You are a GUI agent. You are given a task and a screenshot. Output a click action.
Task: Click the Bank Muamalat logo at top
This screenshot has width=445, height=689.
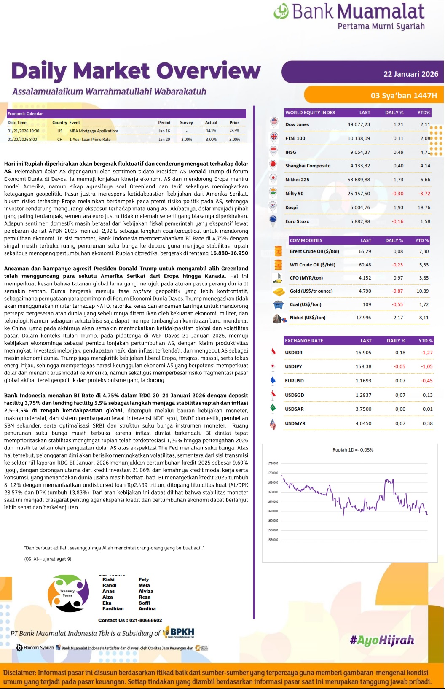(349, 16)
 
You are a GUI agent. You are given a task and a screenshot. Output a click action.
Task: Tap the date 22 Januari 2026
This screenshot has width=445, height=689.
(410, 74)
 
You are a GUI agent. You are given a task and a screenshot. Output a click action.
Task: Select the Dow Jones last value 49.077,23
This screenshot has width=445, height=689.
(359, 124)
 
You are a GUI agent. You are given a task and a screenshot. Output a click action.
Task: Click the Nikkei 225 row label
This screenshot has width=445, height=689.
(297, 180)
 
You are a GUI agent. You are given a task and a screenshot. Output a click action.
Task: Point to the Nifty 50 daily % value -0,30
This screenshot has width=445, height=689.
(397, 194)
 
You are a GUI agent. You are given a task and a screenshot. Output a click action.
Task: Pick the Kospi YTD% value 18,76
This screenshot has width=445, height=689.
(424, 207)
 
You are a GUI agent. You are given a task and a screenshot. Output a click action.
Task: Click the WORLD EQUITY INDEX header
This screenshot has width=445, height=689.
(310, 113)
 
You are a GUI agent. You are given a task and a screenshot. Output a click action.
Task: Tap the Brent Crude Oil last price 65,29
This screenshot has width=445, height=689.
(365, 251)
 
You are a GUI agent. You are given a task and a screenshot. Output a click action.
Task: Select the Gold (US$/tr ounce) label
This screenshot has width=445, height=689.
(311, 291)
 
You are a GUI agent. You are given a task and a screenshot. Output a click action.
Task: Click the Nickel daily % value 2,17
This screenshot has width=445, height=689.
(398, 318)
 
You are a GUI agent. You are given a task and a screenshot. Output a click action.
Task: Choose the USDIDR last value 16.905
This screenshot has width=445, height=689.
(363, 353)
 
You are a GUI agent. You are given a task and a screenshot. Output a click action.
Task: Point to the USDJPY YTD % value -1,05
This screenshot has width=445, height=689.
(426, 366)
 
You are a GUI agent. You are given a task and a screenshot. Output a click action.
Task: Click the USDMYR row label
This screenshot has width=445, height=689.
(295, 423)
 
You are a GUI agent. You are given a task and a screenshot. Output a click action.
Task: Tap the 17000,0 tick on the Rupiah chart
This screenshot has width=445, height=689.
(273, 473)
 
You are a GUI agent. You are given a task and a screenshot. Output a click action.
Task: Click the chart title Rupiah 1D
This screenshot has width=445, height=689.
(353, 450)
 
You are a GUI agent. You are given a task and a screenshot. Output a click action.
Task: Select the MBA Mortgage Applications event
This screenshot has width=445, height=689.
(94, 131)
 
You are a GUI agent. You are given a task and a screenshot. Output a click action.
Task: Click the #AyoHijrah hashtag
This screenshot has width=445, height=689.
(382, 641)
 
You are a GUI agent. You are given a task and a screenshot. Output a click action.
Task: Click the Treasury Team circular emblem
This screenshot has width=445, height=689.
(68, 593)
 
